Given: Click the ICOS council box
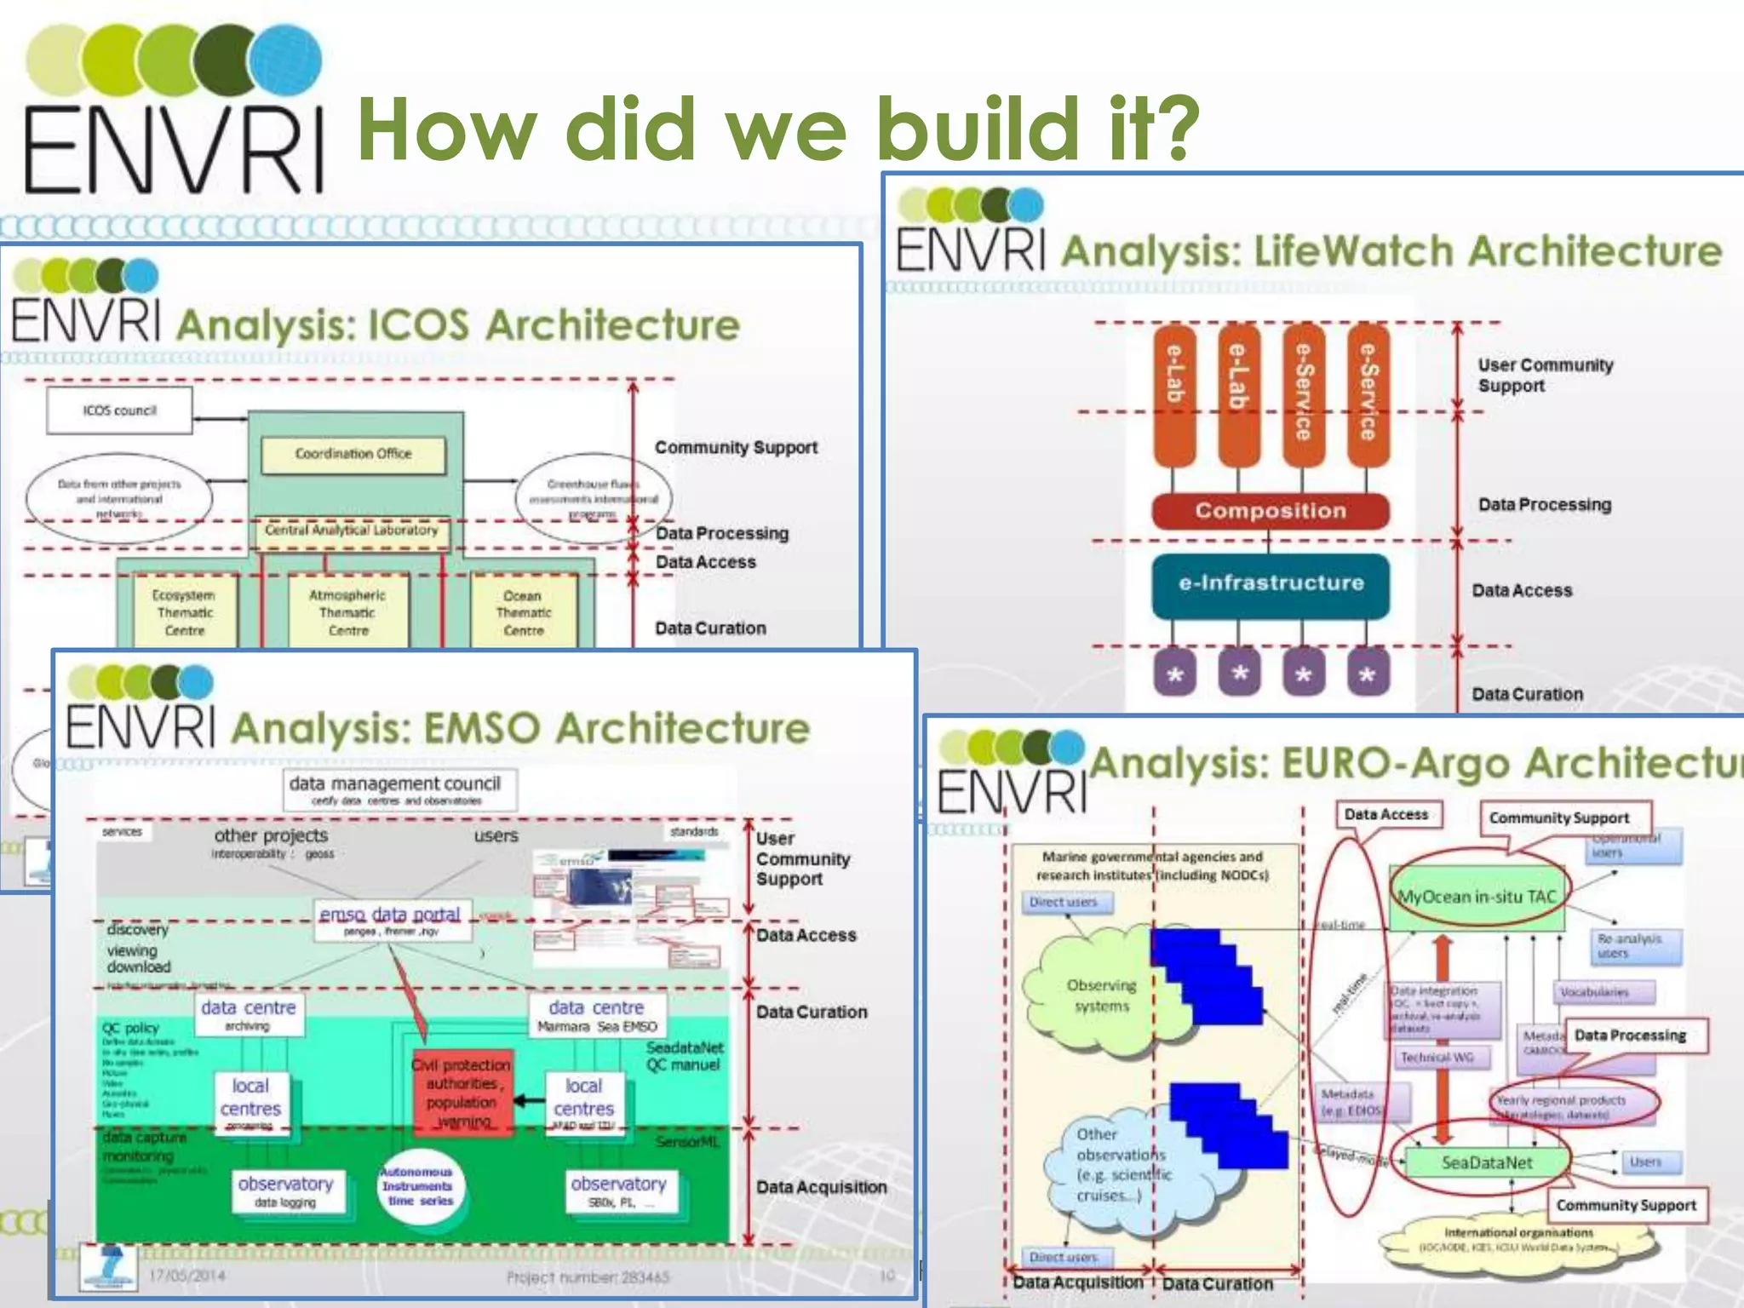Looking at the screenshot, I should (119, 410).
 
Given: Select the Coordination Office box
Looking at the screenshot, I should (353, 455).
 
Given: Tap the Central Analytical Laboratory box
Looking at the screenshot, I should (351, 531).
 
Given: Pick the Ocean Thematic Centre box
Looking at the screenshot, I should (523, 612).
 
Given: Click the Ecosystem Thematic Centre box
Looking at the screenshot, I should (184, 612).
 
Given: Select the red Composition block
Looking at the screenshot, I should (1270, 511).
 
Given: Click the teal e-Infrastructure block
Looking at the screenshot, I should (1270, 584).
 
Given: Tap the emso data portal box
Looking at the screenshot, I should (391, 921).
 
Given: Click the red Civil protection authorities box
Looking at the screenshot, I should (462, 1092).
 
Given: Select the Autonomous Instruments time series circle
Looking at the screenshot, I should (419, 1187).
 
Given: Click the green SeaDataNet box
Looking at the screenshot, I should (1486, 1162).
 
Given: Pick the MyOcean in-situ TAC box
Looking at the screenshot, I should (1477, 898).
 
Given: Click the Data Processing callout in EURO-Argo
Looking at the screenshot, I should (1630, 1035).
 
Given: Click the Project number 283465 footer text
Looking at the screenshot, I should (587, 1277).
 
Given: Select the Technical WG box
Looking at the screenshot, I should (1437, 1058).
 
